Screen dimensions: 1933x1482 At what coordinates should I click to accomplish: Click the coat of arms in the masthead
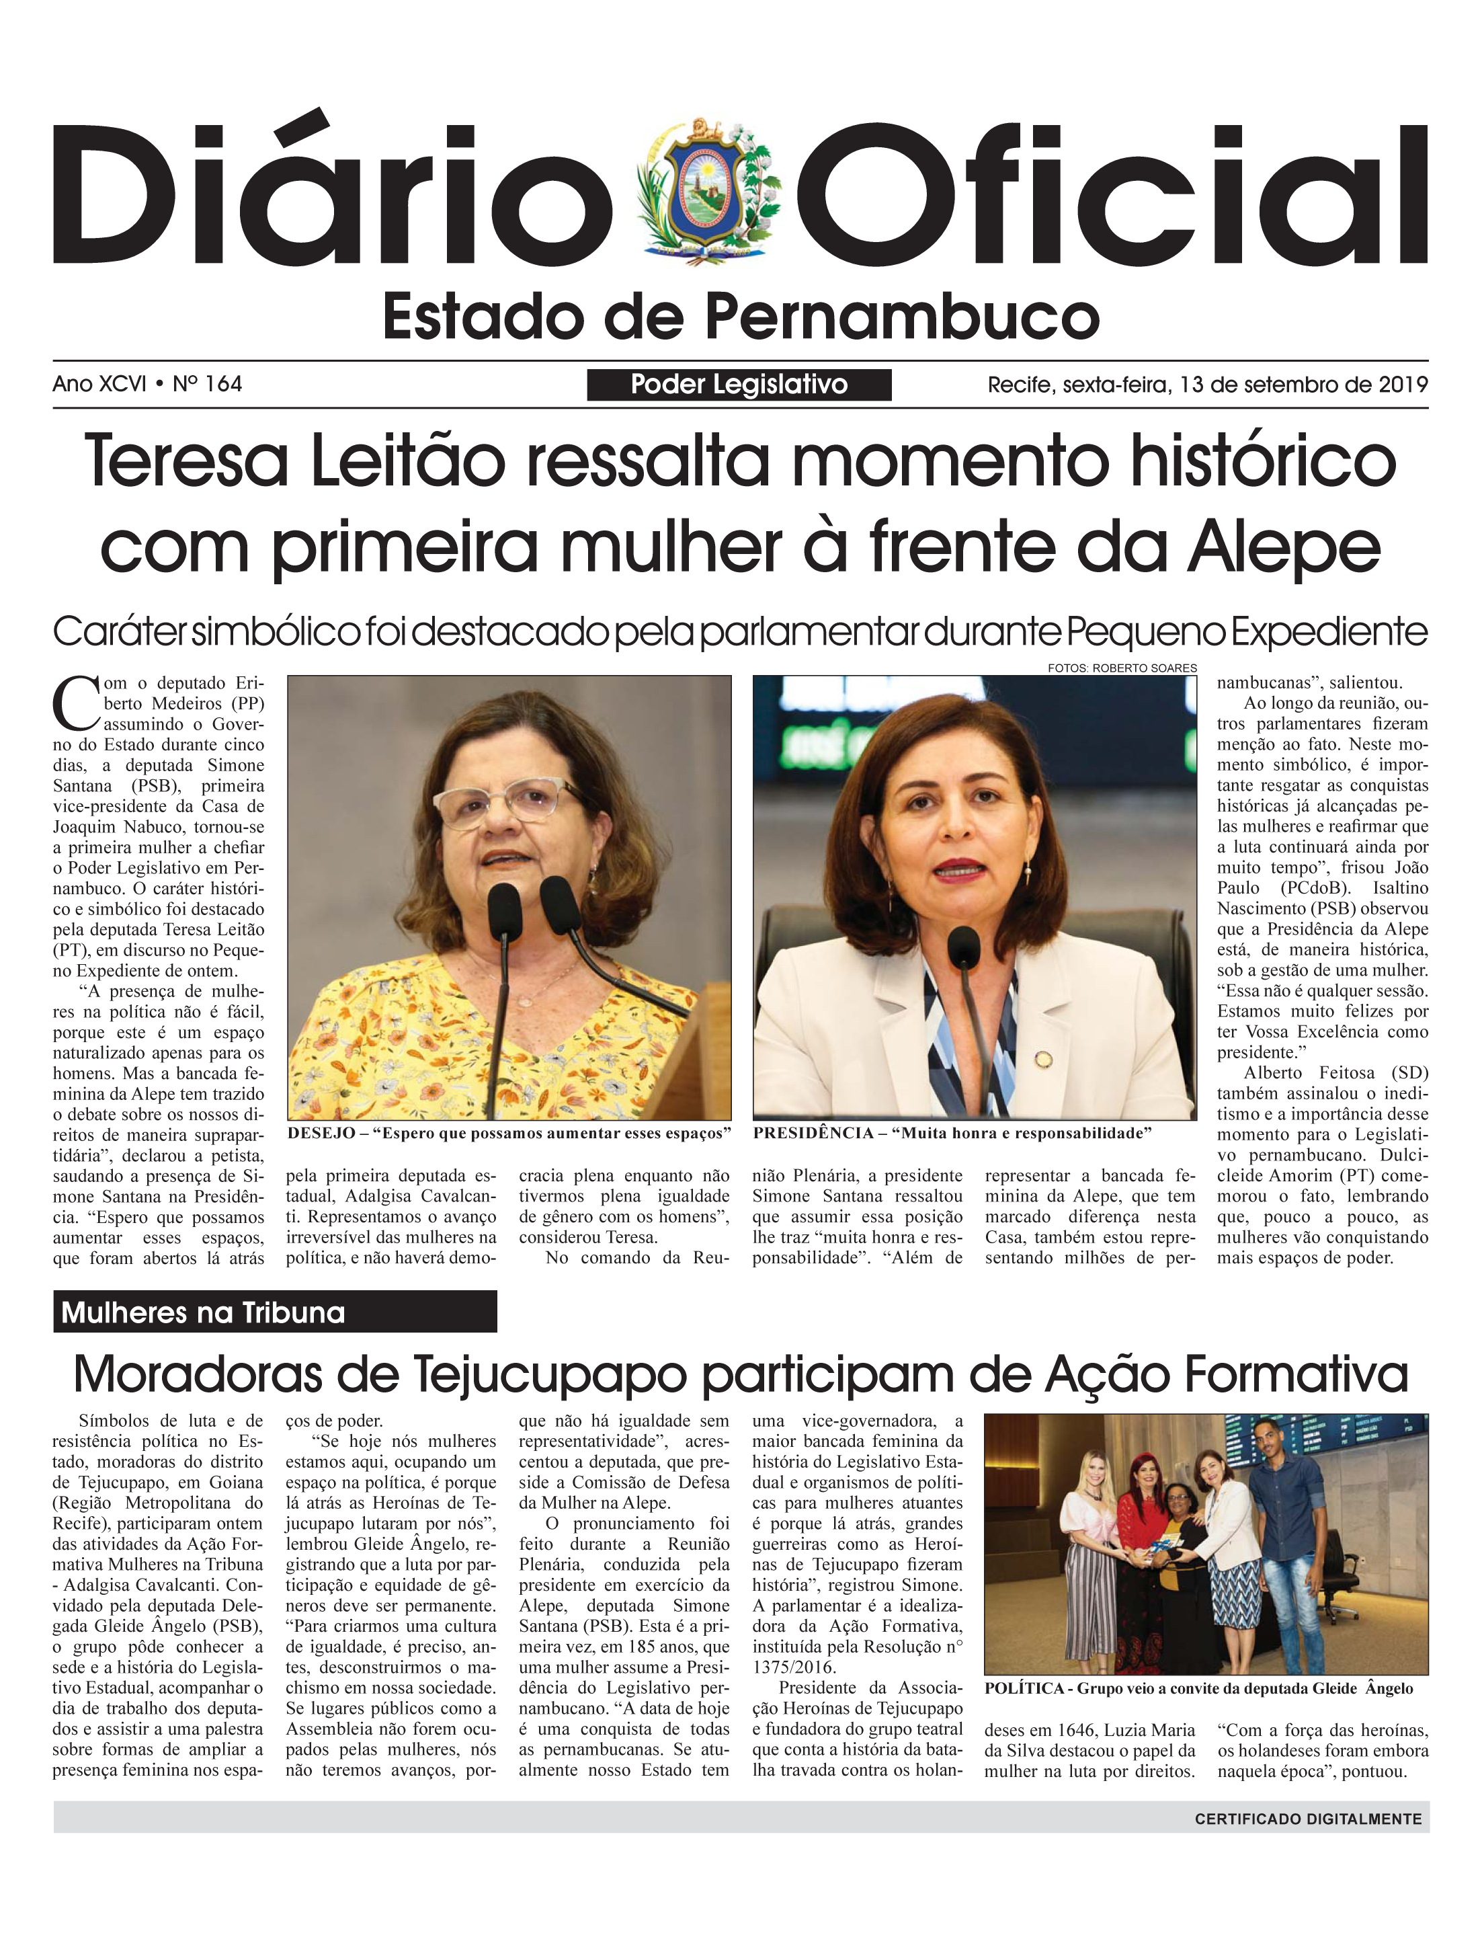[x=708, y=192]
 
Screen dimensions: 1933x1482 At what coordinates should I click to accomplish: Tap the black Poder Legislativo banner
[x=739, y=385]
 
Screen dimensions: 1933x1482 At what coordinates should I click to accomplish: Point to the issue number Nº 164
[x=207, y=384]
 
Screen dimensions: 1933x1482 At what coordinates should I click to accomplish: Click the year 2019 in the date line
[x=1403, y=385]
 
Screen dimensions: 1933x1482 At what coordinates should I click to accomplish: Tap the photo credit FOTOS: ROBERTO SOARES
[x=1122, y=668]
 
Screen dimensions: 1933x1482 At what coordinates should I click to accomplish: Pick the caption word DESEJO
[x=322, y=1134]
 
